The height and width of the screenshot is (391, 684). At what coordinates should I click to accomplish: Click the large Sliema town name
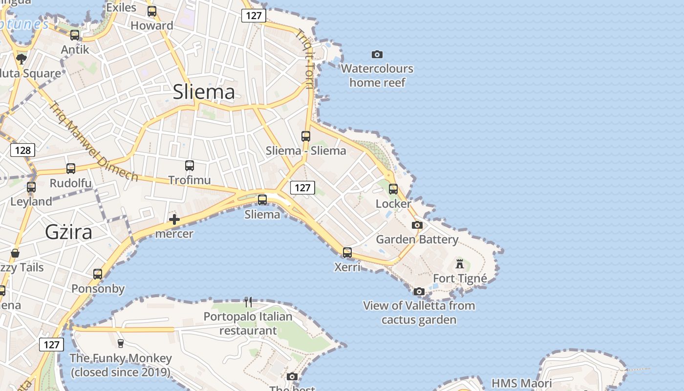tap(204, 92)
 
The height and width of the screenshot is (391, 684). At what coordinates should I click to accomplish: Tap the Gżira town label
tap(68, 232)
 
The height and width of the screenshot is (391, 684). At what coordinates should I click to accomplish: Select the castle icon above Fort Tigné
tap(460, 264)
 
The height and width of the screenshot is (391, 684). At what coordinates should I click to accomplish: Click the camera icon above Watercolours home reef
tap(377, 54)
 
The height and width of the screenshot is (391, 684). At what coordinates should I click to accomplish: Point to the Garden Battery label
tap(417, 239)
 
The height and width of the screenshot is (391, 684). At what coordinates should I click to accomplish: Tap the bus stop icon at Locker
tap(393, 189)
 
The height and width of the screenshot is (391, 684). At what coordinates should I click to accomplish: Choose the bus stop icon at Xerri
tap(347, 253)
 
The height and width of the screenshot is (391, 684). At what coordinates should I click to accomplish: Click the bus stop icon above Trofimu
tap(190, 166)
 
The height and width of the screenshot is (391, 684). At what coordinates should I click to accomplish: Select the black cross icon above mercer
tap(174, 219)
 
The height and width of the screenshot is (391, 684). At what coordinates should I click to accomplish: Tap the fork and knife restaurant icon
tap(248, 302)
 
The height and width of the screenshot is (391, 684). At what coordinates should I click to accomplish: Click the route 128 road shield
tap(23, 150)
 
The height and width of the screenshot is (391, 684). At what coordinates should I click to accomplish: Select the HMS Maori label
tap(521, 383)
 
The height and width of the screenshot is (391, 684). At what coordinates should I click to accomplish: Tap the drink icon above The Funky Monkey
tap(121, 344)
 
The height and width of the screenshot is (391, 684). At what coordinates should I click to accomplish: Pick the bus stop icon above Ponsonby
tap(98, 274)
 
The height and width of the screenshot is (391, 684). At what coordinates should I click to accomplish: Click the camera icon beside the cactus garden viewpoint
tap(419, 292)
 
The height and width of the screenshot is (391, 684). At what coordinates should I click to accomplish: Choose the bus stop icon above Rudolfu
tap(71, 169)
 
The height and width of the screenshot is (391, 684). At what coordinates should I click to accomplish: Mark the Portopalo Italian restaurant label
tap(248, 324)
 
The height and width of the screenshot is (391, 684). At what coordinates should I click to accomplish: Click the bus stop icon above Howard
tap(152, 11)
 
